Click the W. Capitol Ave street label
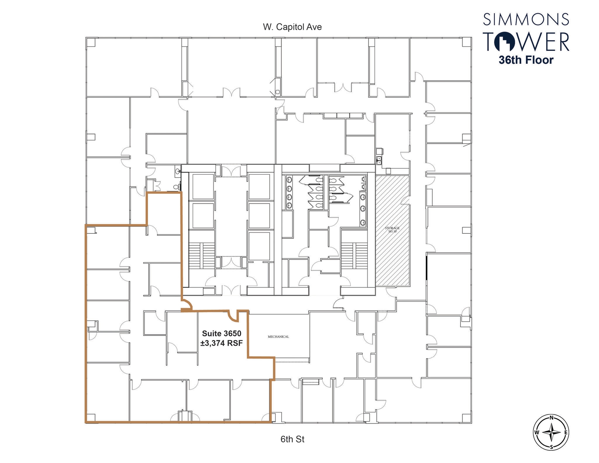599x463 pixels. point(292,27)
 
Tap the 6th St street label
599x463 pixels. point(292,439)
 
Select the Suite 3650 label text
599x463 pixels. point(221,333)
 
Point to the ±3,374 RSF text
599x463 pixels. point(221,343)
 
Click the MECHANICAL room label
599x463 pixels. point(278,337)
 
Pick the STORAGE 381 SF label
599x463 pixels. point(392,230)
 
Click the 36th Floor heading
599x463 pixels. point(526,60)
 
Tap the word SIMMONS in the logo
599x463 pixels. point(526,19)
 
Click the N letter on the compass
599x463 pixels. point(551,418)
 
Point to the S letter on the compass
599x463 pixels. point(551,447)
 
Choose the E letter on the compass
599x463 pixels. point(566,432)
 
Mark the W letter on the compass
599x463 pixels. point(537,432)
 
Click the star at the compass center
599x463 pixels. point(551,432)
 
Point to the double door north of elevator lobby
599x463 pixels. point(231,171)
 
